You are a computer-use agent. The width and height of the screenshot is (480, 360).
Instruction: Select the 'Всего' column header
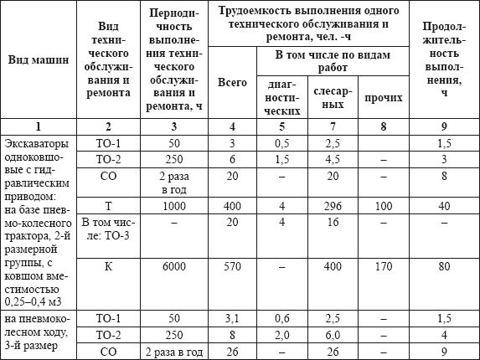232,83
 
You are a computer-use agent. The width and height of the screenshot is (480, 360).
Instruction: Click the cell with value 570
232,265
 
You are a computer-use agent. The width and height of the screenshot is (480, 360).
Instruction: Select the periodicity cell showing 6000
175,265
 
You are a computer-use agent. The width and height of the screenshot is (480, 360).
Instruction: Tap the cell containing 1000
175,207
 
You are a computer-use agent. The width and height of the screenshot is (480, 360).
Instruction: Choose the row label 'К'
108,265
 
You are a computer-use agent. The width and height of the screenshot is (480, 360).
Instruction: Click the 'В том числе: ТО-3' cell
108,229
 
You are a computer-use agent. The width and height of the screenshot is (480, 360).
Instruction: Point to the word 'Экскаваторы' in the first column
37,143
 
